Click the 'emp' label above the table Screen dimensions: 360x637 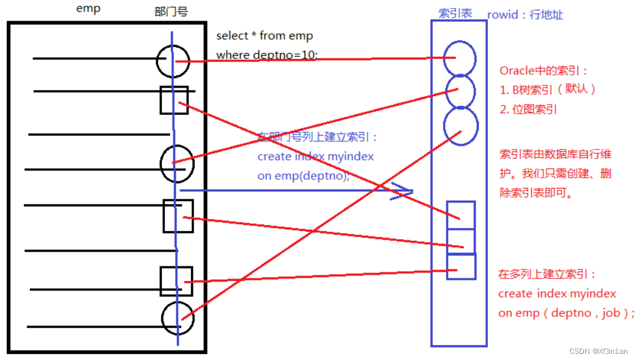[x=89, y=9]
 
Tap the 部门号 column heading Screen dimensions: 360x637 [x=171, y=12]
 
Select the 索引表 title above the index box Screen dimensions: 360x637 [x=455, y=13]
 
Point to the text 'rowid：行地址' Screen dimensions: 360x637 [x=525, y=15]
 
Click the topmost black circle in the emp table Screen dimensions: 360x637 [x=173, y=60]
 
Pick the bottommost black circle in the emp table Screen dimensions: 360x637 [x=178, y=318]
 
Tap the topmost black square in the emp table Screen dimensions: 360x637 [x=173, y=100]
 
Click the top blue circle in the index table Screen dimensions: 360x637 [x=459, y=58]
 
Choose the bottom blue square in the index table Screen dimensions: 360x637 [x=461, y=266]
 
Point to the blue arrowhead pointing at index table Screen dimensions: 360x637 [x=404, y=191]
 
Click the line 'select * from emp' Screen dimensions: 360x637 [x=265, y=36]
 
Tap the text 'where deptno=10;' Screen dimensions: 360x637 [x=266, y=55]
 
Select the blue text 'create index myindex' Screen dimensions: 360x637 [x=315, y=156]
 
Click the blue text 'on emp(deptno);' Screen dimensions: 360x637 [x=304, y=176]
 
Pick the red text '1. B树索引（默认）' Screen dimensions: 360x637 [x=548, y=90]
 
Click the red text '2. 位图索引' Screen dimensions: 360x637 [x=528, y=109]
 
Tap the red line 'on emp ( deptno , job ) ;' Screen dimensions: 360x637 [x=566, y=313]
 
